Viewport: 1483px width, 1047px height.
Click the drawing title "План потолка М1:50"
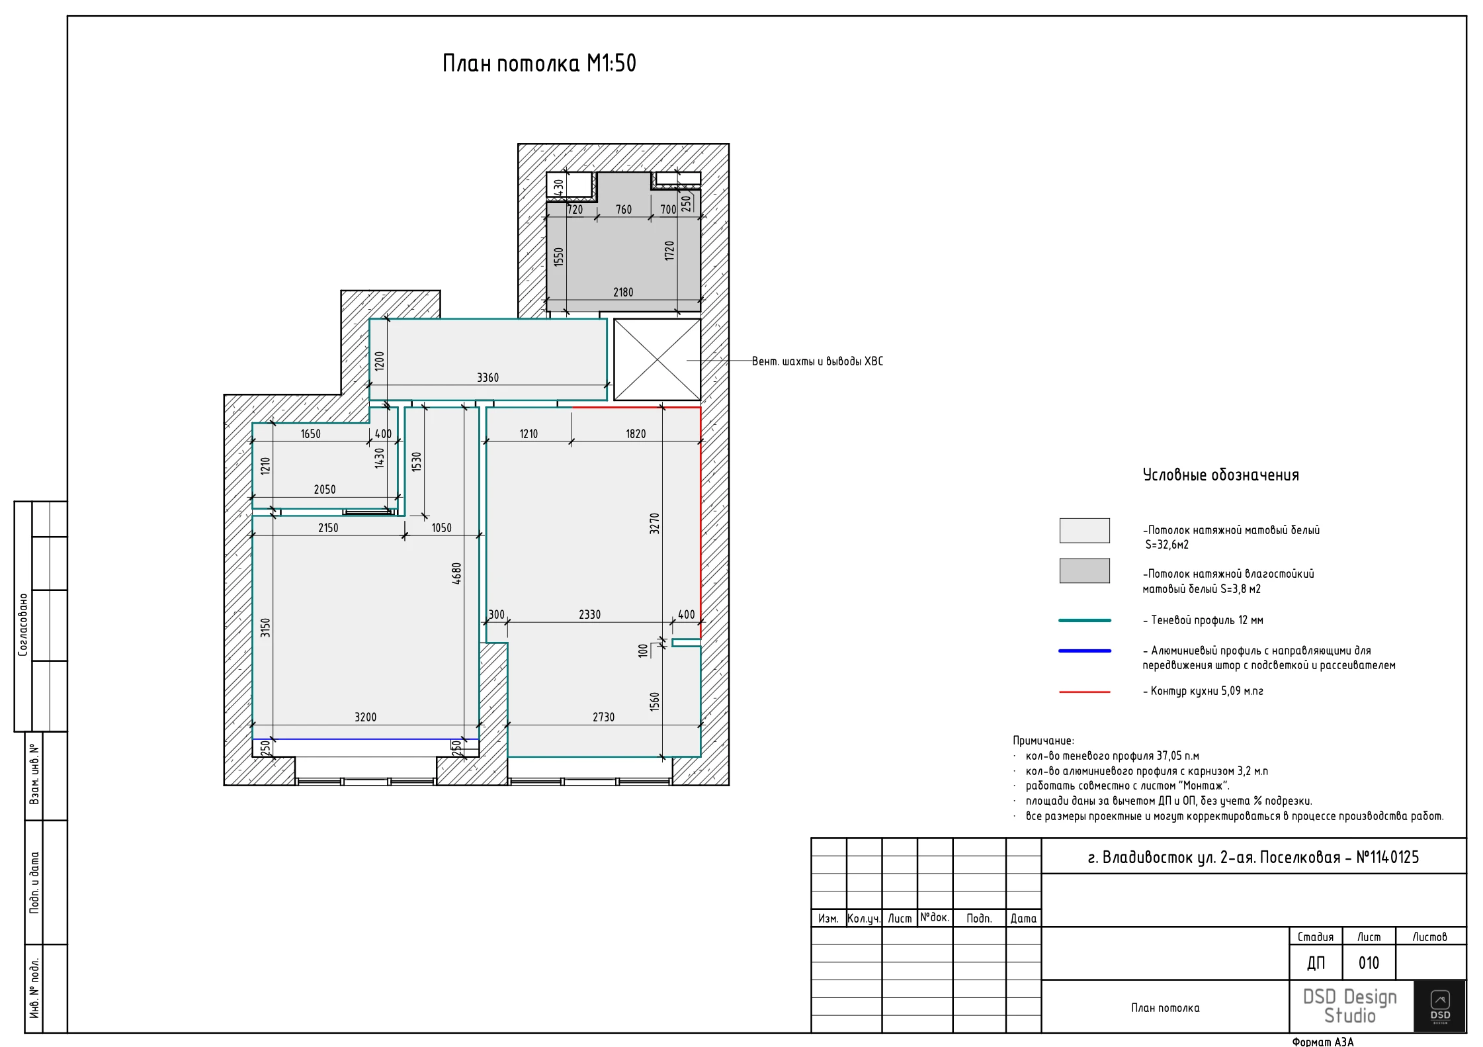tap(539, 64)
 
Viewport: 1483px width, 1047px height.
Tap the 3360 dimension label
tap(487, 377)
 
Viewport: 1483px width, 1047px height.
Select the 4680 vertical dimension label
tap(456, 573)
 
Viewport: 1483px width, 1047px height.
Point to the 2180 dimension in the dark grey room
tap(623, 292)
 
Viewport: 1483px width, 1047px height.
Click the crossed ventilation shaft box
tap(657, 360)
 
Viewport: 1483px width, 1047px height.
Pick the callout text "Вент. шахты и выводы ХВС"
tap(818, 361)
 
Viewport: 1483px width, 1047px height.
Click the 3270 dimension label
tap(654, 523)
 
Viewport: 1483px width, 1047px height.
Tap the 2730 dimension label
tap(603, 717)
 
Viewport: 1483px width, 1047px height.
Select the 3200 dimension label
tap(365, 717)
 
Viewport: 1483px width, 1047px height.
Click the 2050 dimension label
tap(324, 489)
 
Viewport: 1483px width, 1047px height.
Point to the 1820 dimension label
tap(636, 433)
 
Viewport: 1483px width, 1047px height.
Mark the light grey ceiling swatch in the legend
tap(1084, 530)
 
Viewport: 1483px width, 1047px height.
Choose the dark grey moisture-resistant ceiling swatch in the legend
tap(1084, 570)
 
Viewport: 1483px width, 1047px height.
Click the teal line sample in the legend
tap(1085, 620)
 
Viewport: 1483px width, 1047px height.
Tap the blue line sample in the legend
tap(1085, 651)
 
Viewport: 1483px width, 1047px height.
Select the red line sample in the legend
tap(1085, 692)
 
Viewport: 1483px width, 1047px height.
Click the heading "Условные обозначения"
tap(1220, 475)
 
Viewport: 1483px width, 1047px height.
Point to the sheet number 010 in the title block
tap(1369, 963)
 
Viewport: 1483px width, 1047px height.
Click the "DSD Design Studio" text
tap(1349, 1006)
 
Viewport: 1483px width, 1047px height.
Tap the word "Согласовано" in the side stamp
tap(23, 624)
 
